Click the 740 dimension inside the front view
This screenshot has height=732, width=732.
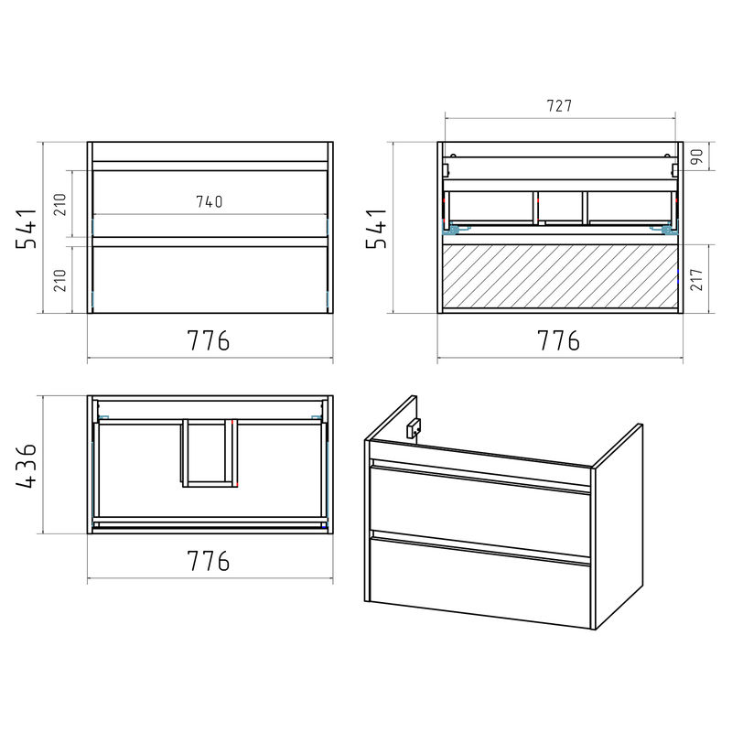coord(210,201)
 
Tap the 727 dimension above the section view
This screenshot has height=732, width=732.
coord(559,106)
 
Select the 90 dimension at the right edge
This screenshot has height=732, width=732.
coord(696,156)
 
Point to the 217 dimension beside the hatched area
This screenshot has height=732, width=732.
coord(696,279)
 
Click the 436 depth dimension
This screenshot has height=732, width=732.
coord(27,466)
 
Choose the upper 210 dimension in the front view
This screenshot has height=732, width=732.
coord(60,204)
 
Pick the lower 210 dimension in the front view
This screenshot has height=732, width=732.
coord(60,280)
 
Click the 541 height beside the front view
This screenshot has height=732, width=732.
coord(27,228)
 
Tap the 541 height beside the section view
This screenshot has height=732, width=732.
coord(376,228)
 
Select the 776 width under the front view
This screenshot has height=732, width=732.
coord(209,340)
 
